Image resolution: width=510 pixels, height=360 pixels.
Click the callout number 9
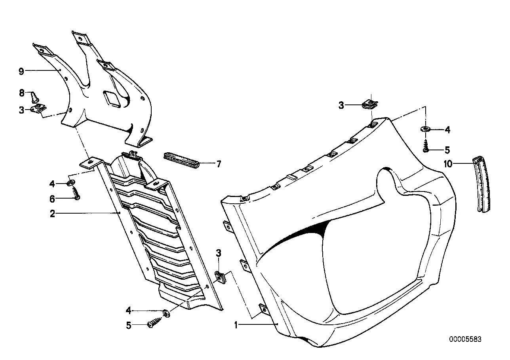(x=21, y=72)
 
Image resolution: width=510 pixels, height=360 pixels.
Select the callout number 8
(x=22, y=93)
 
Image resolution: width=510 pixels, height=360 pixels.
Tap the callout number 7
(x=219, y=164)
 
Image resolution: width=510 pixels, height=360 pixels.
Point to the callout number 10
(x=448, y=164)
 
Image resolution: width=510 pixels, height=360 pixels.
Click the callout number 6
(x=52, y=199)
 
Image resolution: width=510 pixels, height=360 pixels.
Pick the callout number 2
(x=52, y=214)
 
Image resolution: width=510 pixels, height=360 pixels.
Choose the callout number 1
(x=236, y=325)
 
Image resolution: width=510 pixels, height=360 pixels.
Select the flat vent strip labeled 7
(x=182, y=160)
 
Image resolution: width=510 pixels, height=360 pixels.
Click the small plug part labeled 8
(x=34, y=97)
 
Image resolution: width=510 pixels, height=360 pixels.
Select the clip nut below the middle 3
(x=220, y=278)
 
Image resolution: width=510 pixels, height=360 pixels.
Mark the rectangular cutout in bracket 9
(x=112, y=99)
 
